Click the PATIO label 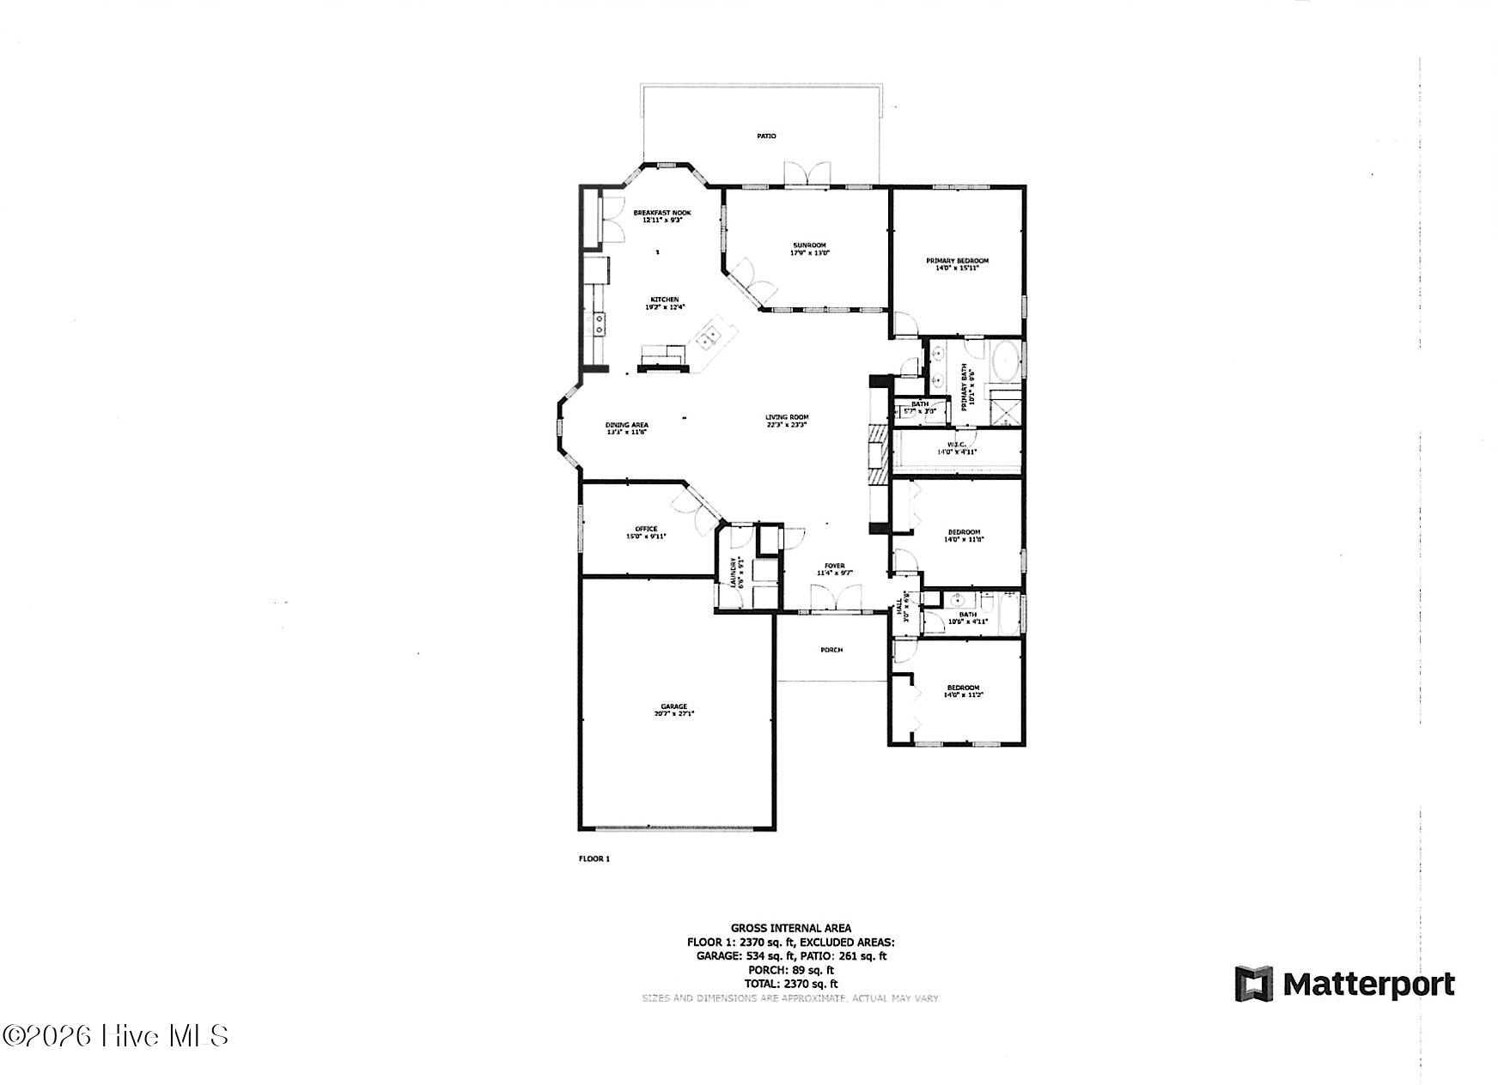pos(766,136)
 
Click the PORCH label pos(831,650)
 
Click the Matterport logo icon pos(1253,984)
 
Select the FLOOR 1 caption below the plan pos(594,858)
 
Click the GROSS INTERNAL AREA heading pos(790,928)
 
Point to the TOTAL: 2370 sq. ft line pos(790,984)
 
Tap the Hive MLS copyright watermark pos(116,1035)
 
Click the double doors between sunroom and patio pos(807,174)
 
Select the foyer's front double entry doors pos(836,598)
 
